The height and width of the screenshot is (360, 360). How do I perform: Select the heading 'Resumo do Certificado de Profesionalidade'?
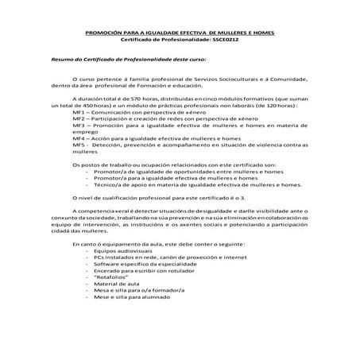[117, 60]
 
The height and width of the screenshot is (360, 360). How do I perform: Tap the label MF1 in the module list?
[79, 112]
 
